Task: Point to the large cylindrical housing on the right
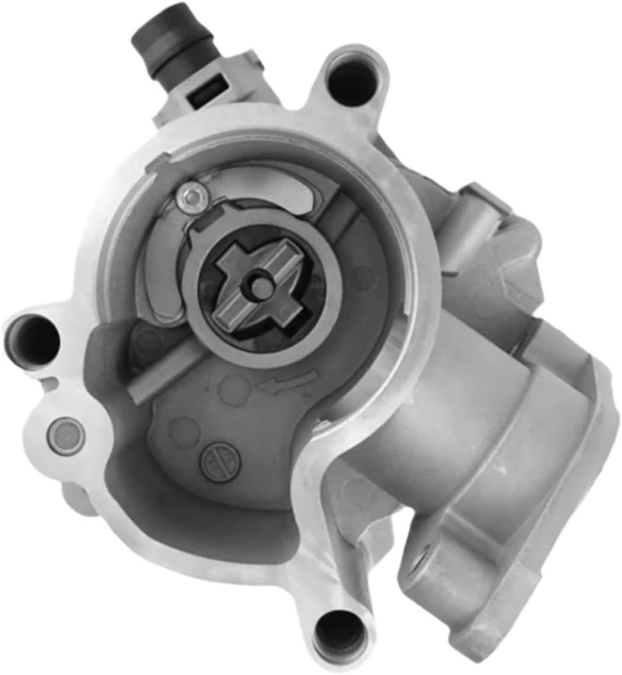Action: (476, 423)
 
